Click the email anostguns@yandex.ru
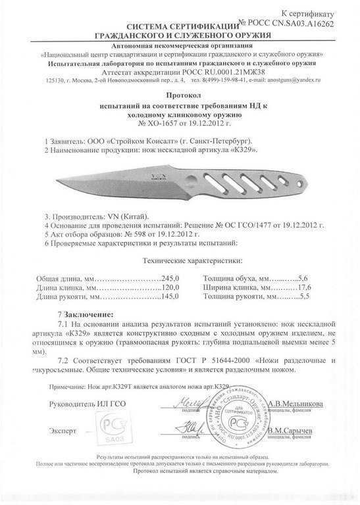pos(290,80)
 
